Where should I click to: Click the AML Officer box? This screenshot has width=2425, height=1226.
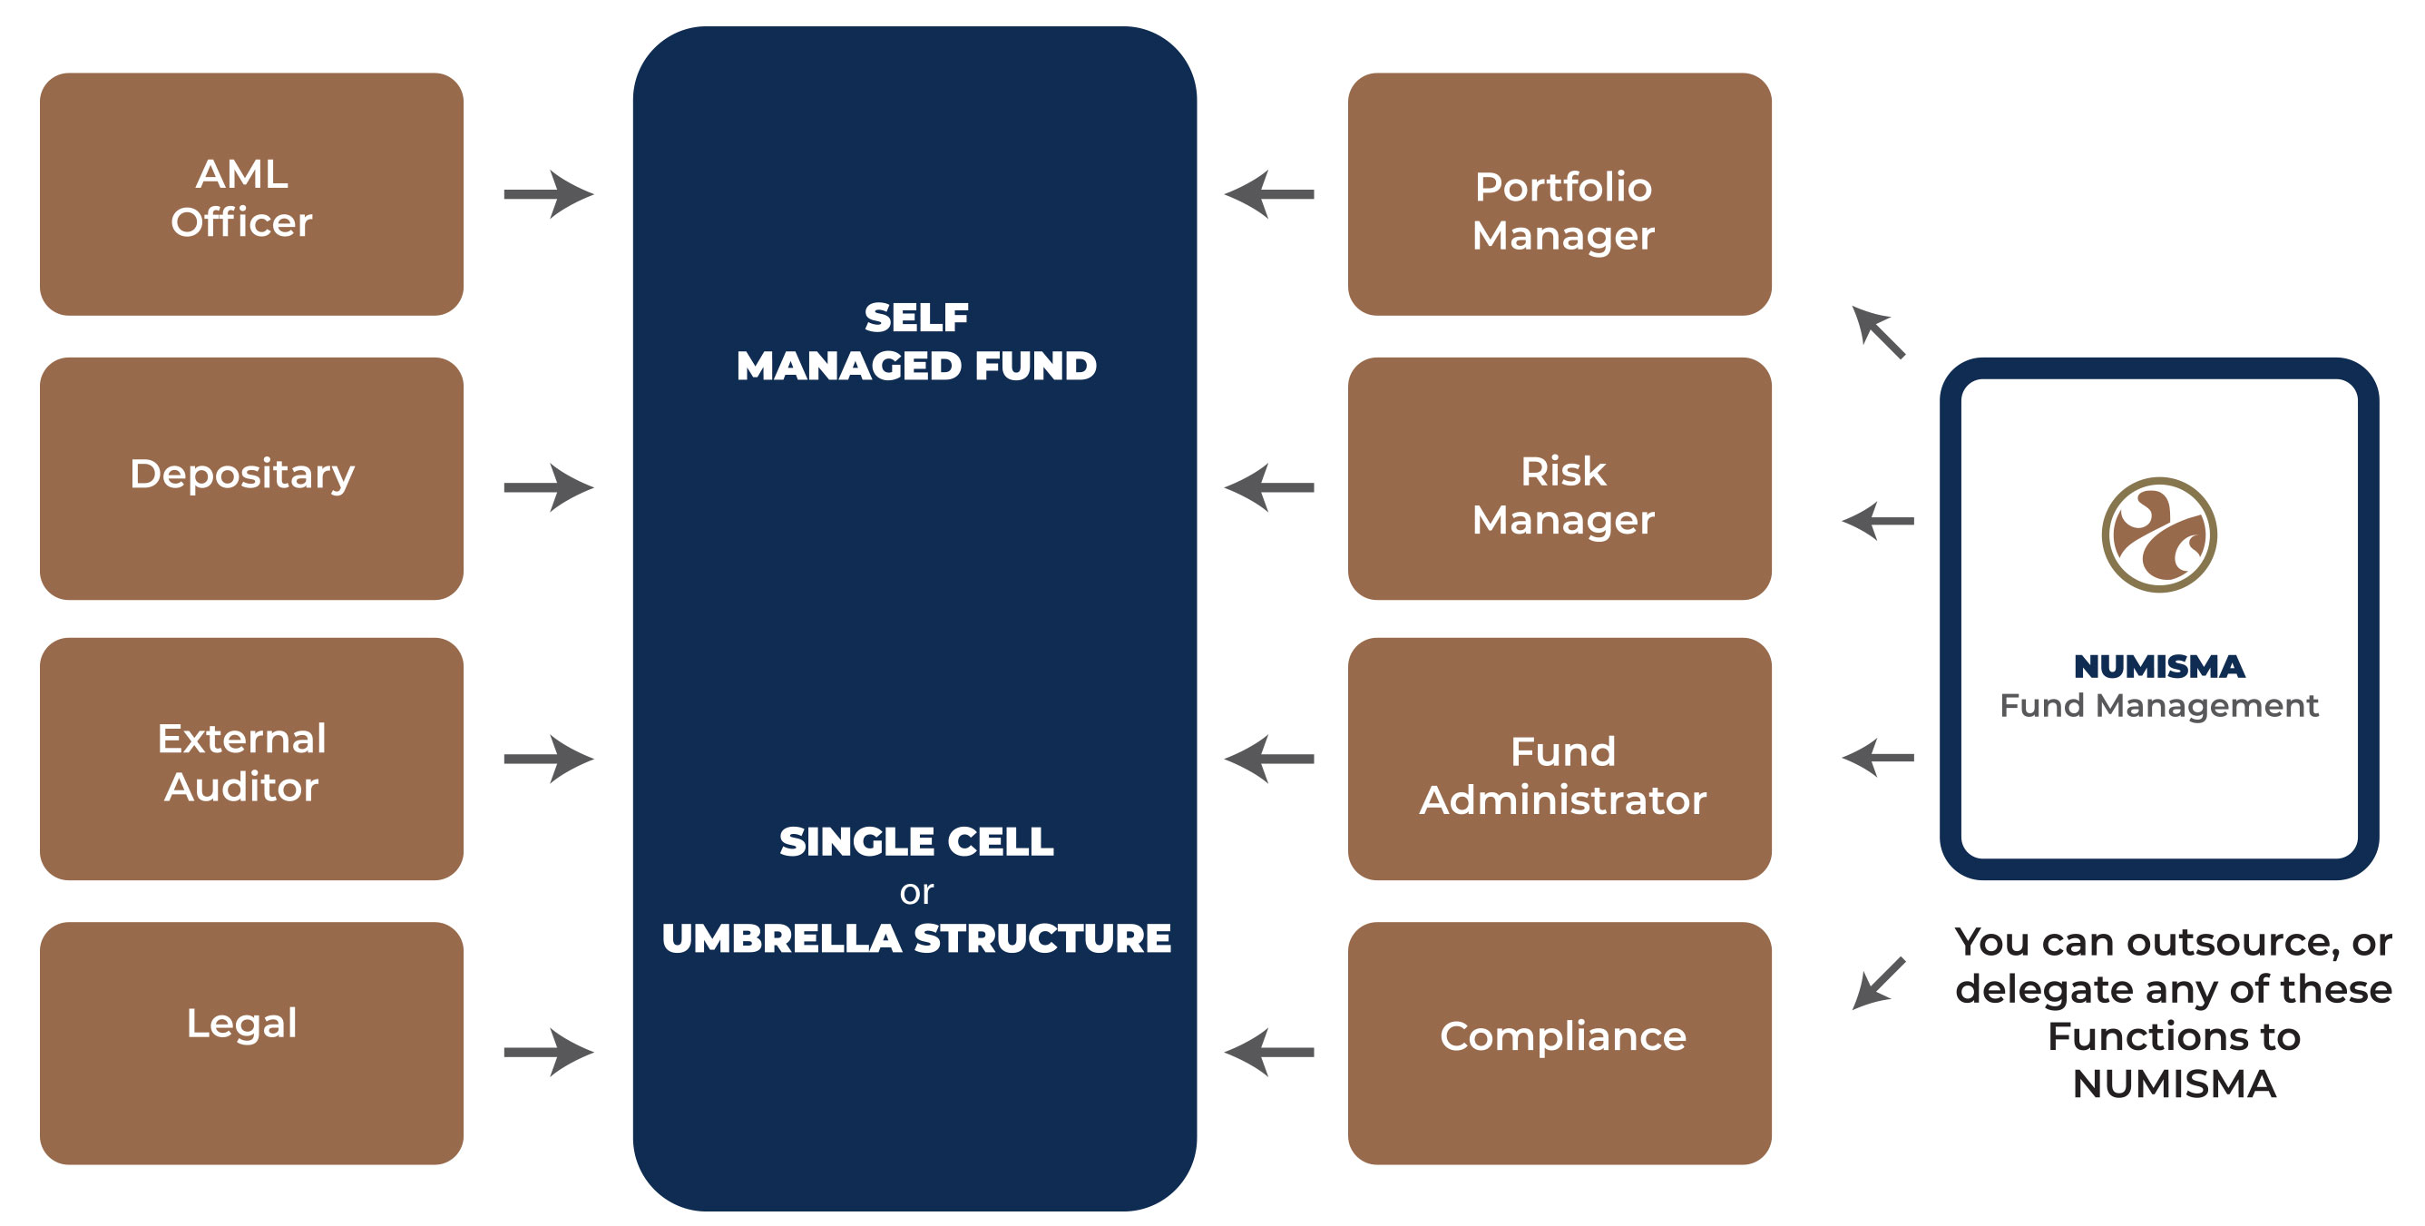251,194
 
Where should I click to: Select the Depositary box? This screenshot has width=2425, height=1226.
251,478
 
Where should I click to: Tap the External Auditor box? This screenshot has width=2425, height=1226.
251,759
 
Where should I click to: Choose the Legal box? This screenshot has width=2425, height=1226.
251,1044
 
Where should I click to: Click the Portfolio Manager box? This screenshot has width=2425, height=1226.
1560,194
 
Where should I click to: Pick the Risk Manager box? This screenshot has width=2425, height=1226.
1560,478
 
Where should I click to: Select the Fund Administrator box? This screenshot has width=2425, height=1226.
1560,759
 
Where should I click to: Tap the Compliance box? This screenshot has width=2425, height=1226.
1560,1044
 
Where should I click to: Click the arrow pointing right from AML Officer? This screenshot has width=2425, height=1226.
549,194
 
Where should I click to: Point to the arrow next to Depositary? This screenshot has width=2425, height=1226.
549,486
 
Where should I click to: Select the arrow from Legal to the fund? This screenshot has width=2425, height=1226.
549,1052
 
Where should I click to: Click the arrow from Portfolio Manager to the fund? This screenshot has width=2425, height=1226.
1269,194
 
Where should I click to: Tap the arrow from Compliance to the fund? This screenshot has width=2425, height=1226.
1269,1052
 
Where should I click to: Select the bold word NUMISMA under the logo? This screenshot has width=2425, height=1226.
2159,667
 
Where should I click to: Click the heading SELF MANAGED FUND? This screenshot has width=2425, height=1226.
916,341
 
